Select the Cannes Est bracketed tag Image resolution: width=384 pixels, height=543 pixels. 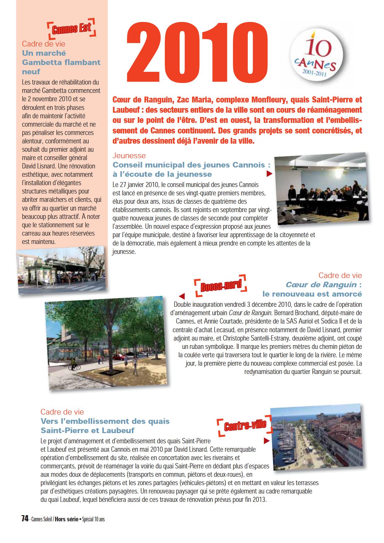(x=72, y=29)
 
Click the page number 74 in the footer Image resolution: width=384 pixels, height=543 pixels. (x=25, y=519)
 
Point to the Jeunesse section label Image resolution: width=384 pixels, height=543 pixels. (x=129, y=155)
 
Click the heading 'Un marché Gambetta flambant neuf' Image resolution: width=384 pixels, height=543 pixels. (x=61, y=62)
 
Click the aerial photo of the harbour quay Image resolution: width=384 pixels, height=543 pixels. (x=316, y=436)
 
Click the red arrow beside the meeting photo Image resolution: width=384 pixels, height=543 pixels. (x=269, y=174)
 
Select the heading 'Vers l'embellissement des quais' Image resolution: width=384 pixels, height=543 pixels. (x=105, y=421)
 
